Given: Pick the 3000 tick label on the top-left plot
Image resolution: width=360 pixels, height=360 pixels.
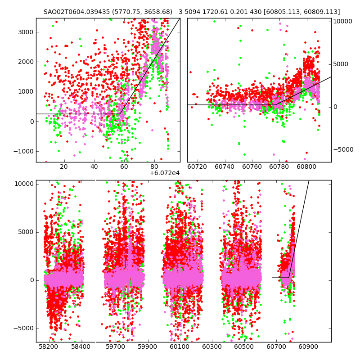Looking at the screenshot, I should coord(26,32).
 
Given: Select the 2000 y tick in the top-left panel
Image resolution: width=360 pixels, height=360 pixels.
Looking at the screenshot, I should coord(26,62).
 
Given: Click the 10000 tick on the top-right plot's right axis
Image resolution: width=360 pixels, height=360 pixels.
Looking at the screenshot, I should coord(343,22).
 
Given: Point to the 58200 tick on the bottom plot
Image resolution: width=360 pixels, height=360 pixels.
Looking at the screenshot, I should coord(48,347).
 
